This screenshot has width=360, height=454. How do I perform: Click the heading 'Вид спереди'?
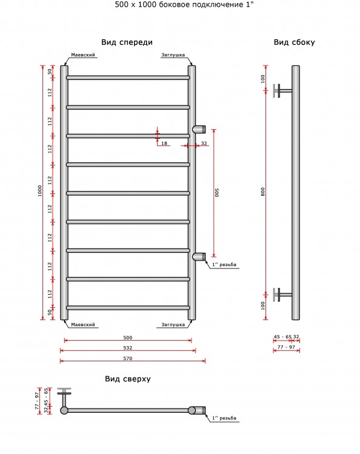click(x=127, y=42)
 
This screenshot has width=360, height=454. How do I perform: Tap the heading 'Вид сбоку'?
click(x=294, y=42)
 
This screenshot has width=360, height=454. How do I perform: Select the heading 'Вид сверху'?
click(x=128, y=379)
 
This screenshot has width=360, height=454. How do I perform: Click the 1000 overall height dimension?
click(x=40, y=191)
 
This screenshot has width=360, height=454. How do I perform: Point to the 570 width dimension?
click(x=128, y=358)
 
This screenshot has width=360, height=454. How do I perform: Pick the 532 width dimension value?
click(x=128, y=348)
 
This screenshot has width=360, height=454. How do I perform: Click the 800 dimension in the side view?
click(x=263, y=192)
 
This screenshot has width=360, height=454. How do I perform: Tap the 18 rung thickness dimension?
click(x=164, y=143)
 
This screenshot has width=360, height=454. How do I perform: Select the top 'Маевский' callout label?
click(x=83, y=55)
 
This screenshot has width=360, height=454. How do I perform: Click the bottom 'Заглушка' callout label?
click(x=173, y=324)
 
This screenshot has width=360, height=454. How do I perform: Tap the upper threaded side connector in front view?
click(x=199, y=129)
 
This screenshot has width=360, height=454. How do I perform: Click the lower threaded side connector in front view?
click(x=199, y=256)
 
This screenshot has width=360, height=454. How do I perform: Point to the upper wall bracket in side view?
click(x=282, y=91)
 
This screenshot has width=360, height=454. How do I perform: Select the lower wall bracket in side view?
click(x=282, y=295)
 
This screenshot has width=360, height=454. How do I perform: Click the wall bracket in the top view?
click(x=64, y=397)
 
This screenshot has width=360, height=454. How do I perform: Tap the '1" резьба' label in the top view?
click(x=224, y=418)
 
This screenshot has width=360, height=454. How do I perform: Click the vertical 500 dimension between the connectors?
click(x=217, y=193)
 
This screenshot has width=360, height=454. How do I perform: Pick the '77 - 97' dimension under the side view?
click(x=286, y=347)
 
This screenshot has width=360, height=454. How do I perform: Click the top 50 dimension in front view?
click(x=50, y=71)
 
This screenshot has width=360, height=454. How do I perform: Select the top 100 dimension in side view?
click(x=263, y=79)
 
